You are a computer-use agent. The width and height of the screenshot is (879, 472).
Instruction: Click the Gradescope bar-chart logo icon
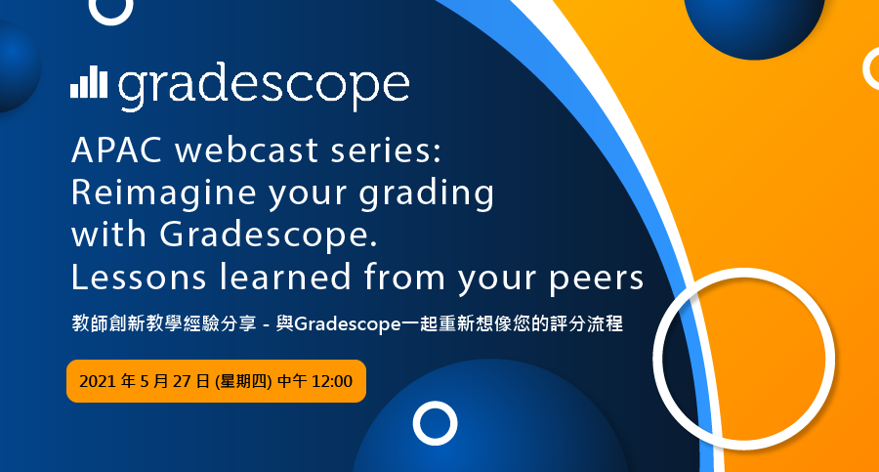tap(89, 82)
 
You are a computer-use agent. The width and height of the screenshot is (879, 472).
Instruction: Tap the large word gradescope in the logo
tap(264, 86)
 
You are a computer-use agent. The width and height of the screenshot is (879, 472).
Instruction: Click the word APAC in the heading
tap(117, 150)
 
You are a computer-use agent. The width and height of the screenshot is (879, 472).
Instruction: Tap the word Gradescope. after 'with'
tap(269, 234)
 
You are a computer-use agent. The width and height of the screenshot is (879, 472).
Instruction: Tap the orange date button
tap(217, 381)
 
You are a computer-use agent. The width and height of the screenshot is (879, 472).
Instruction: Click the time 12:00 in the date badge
tap(332, 382)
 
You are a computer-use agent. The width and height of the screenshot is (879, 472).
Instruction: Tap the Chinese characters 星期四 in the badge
tap(243, 382)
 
